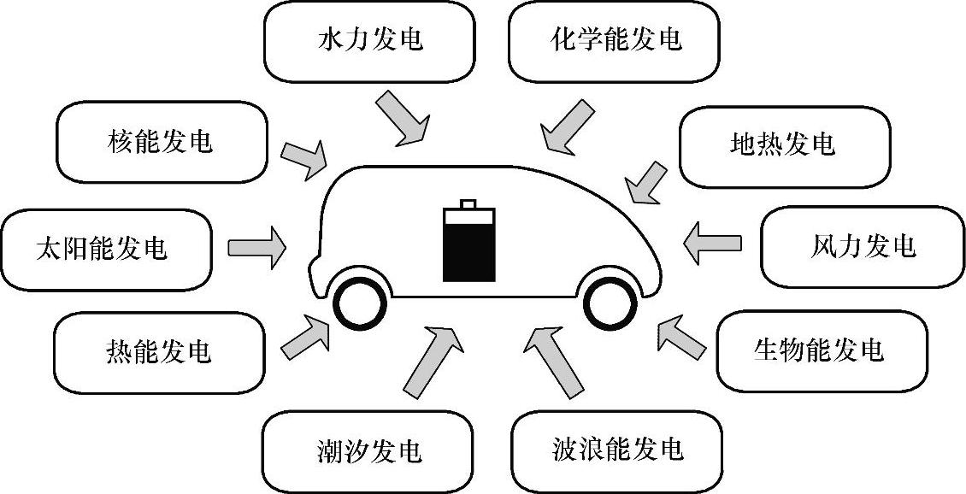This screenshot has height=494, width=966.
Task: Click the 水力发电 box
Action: tap(370, 40)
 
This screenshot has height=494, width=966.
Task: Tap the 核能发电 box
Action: tap(161, 142)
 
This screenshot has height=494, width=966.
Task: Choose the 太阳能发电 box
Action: tap(106, 248)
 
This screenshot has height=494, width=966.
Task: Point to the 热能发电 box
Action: tap(159, 350)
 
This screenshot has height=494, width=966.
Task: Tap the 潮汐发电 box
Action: tap(368, 450)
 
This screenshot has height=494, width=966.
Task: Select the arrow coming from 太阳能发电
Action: tap(257, 246)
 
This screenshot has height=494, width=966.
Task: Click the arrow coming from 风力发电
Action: tap(712, 244)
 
